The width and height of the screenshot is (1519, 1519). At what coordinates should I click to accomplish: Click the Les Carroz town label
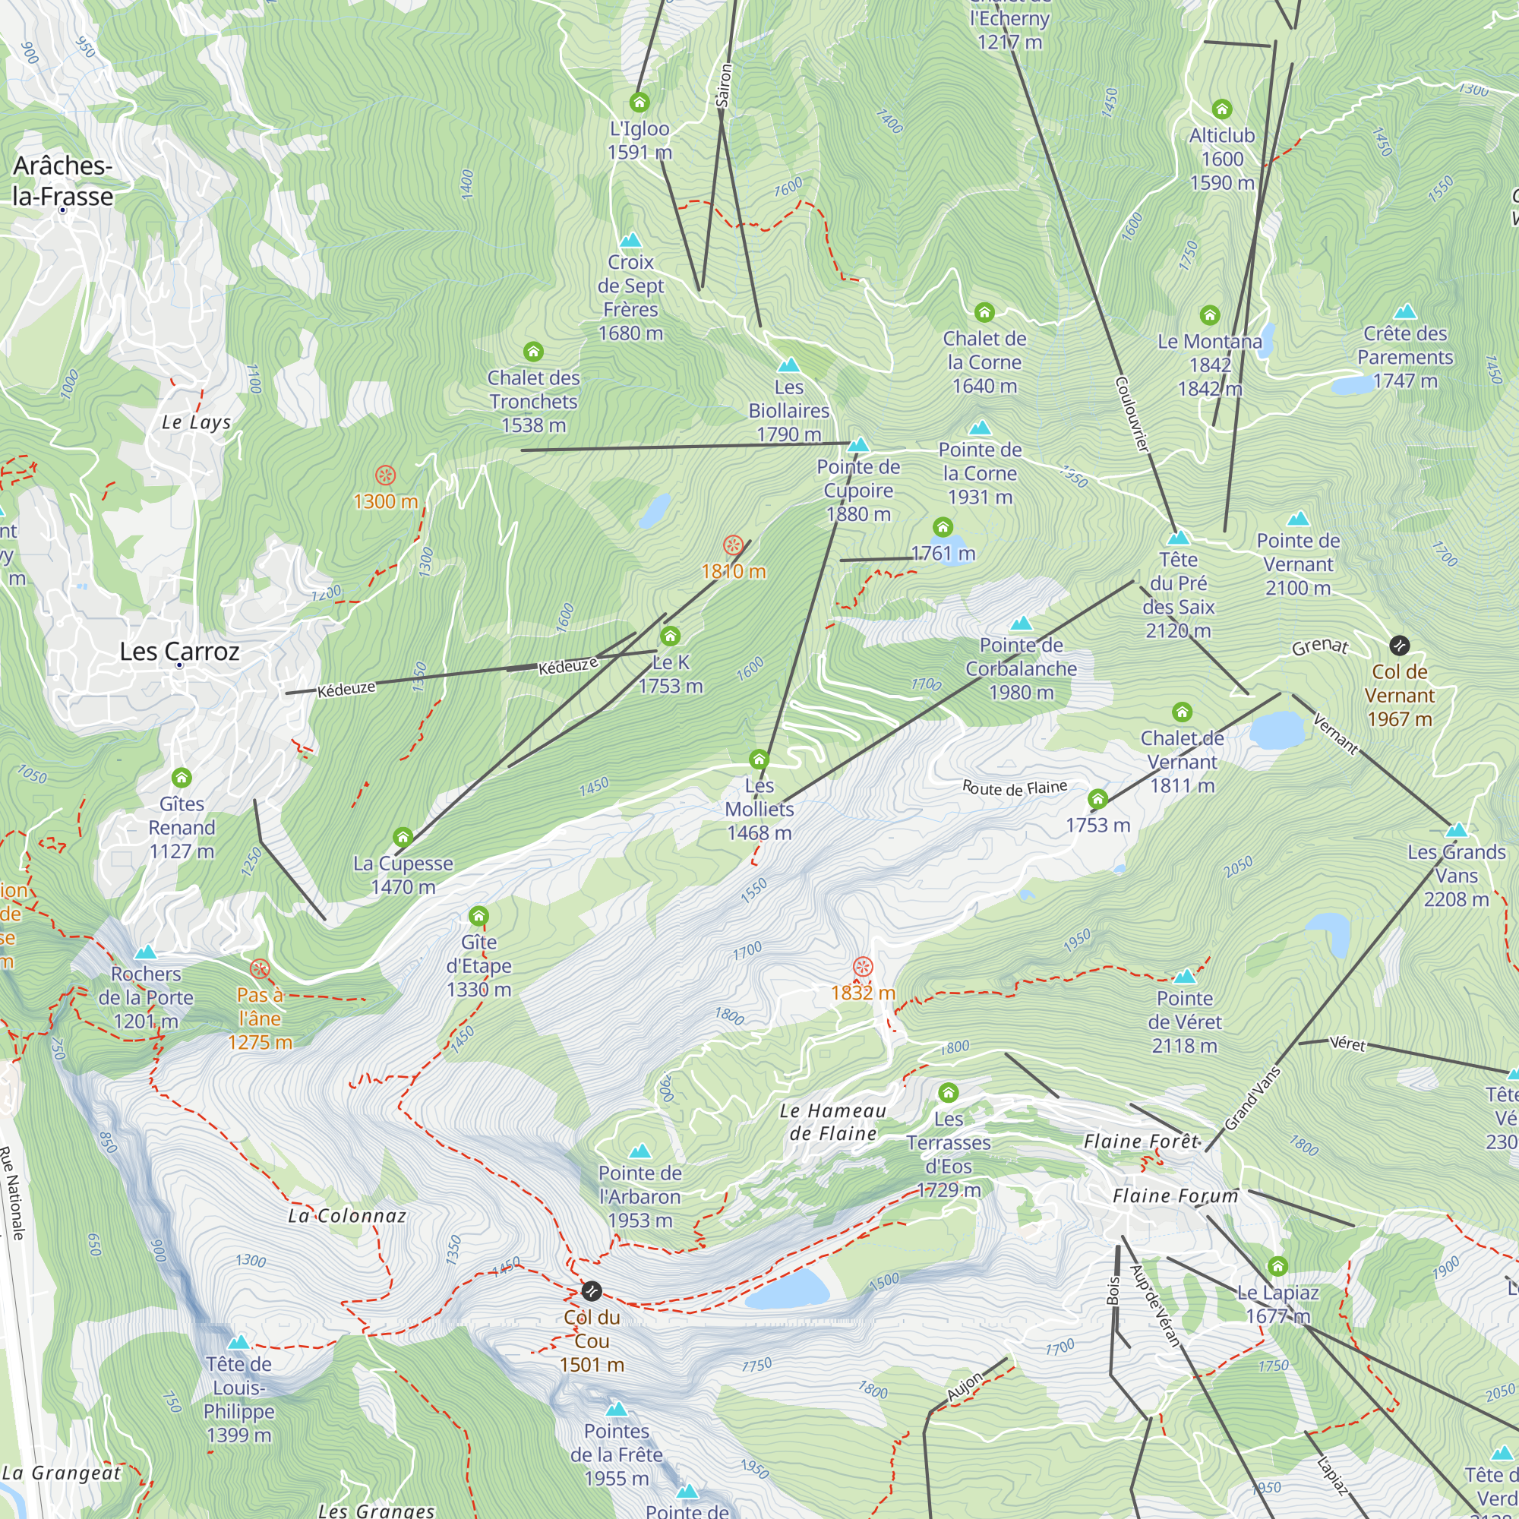179,651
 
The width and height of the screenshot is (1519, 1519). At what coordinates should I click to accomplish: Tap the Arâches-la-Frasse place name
63,181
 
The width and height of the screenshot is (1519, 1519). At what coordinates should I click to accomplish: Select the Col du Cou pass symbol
591,1291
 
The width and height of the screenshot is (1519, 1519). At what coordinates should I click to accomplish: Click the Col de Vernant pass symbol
1399,646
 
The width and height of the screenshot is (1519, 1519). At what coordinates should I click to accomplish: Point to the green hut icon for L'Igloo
639,103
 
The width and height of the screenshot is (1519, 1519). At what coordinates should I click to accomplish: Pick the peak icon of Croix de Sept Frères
630,240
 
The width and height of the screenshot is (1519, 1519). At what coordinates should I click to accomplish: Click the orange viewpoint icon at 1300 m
385,475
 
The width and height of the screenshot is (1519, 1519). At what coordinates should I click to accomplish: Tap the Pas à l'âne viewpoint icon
260,968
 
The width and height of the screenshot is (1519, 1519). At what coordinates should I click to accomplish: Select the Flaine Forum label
1175,1196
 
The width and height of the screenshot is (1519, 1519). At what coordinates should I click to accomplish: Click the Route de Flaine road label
1014,788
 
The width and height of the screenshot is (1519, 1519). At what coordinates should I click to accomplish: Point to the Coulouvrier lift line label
1132,414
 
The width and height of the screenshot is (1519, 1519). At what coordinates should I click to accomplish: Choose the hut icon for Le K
670,635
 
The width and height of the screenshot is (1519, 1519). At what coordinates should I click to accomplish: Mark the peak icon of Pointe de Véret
1184,977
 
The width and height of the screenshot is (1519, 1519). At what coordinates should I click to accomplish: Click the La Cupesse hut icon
403,836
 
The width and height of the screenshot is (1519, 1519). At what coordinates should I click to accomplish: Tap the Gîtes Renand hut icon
182,778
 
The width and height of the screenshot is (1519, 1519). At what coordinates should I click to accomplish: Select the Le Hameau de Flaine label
832,1122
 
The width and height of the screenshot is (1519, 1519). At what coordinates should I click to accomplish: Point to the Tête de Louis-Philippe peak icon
238,1341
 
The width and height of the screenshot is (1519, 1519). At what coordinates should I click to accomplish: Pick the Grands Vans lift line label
1252,1097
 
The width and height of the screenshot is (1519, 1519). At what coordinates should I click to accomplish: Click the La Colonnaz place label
347,1216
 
